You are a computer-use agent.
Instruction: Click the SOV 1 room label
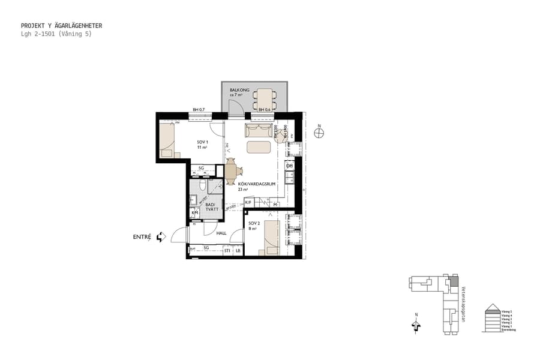202,142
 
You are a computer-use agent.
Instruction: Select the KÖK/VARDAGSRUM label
256,184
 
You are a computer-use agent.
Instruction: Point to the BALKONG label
239,89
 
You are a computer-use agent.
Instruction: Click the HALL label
221,233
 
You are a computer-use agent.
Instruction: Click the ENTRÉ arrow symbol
160,238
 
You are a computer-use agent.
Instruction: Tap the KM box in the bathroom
194,213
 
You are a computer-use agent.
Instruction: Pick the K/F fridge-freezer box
248,203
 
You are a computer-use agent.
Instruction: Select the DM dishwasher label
289,166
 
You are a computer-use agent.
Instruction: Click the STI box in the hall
227,250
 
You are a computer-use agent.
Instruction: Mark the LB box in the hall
238,250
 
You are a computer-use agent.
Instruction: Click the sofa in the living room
259,130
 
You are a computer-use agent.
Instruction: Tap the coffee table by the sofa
259,147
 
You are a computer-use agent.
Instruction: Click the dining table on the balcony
264,99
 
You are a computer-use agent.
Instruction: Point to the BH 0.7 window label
199,110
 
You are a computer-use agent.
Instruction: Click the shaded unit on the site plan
454,281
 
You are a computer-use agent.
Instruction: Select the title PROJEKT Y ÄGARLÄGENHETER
61,26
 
